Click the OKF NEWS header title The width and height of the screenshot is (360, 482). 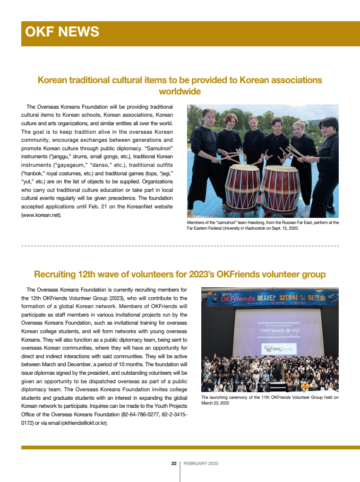62,32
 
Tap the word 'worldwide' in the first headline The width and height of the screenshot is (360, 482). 180,91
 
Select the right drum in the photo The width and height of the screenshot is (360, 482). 281,187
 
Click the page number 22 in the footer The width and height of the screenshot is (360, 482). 174,464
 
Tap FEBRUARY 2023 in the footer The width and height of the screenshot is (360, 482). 201,464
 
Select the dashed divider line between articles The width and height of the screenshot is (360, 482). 180,246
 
